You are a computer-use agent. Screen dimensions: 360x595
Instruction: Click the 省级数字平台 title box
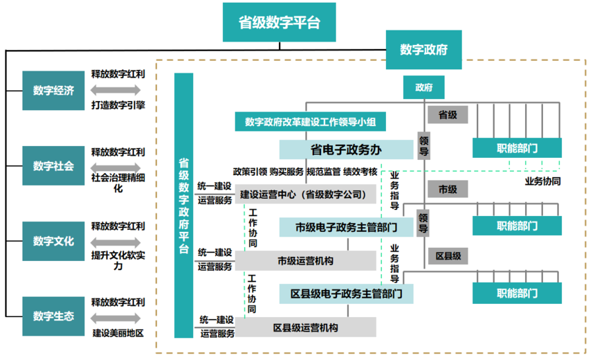point(280,22)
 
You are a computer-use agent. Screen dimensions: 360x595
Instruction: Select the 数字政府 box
point(423,50)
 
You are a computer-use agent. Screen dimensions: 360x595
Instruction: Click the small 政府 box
point(424,87)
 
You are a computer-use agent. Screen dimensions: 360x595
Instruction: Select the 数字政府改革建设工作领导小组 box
point(310,123)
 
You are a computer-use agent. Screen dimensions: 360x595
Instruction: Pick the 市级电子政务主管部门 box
point(346,227)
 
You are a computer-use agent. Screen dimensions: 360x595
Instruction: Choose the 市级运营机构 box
point(306,261)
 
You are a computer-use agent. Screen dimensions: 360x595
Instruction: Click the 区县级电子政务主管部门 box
point(346,294)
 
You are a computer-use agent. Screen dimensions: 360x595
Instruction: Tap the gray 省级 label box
point(448,114)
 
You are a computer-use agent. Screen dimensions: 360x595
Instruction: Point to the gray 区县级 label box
point(448,255)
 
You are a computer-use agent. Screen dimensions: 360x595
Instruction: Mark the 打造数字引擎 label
point(118,105)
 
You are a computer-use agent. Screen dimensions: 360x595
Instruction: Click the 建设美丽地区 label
point(118,333)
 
